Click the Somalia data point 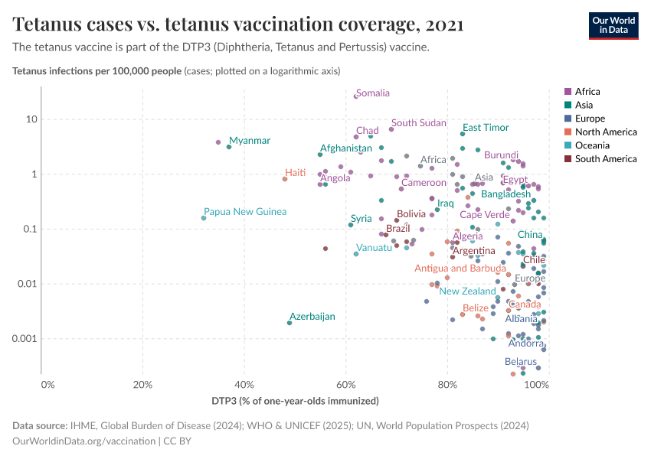coord(356,96)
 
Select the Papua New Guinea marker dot coord(204,218)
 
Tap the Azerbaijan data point coord(290,323)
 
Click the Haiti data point coord(285,179)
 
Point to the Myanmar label coord(250,141)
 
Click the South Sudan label coord(418,123)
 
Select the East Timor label coord(486,128)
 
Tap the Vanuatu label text coord(375,248)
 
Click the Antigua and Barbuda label coord(460,269)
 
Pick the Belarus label coord(521,362)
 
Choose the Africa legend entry coord(586,91)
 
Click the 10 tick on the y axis coord(31,119)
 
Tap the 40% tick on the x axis coord(244,383)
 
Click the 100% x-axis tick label coord(538,383)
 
